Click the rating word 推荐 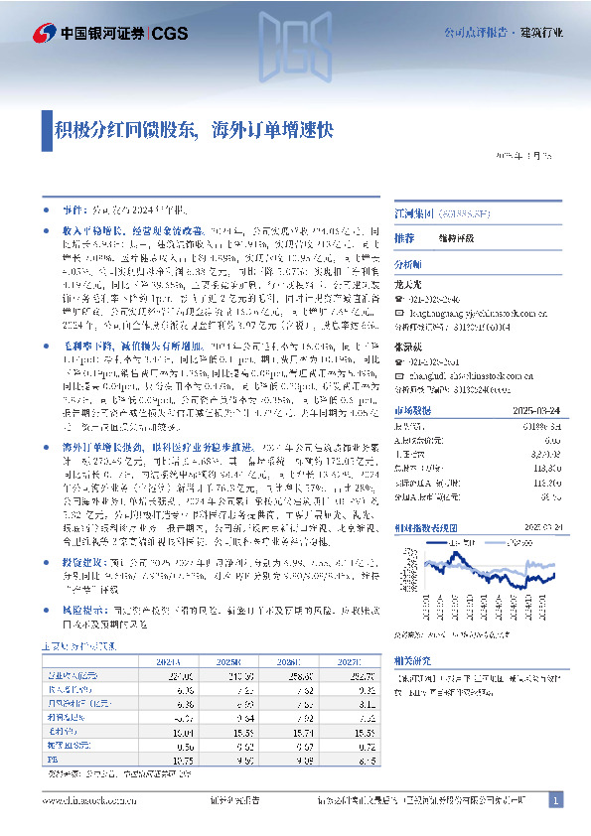[403, 239]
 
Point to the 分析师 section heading [408, 266]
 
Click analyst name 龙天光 [409, 282]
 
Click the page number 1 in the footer [556, 800]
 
